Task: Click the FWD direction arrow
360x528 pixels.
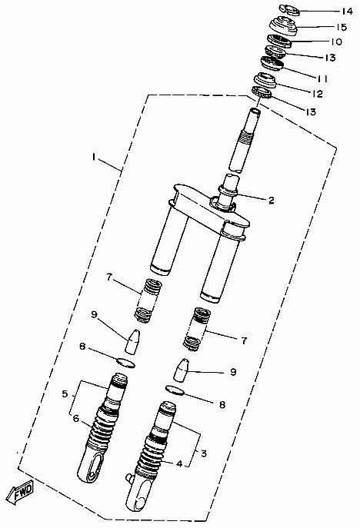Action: (x=20, y=493)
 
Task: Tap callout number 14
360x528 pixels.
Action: (x=346, y=11)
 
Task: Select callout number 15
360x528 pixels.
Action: (x=341, y=27)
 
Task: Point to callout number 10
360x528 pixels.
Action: (x=335, y=42)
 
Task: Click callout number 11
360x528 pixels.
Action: (x=322, y=78)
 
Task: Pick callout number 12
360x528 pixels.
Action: (x=316, y=94)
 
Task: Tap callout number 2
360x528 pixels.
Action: (x=271, y=200)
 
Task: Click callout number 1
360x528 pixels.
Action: (x=95, y=157)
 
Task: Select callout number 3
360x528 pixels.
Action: (x=204, y=453)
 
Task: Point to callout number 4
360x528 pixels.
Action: (x=180, y=464)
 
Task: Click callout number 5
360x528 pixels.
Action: (x=65, y=394)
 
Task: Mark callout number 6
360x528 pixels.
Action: (x=76, y=419)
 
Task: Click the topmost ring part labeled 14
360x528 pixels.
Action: (x=289, y=10)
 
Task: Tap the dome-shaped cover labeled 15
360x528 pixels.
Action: (x=283, y=25)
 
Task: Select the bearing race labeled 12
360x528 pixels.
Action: (x=265, y=81)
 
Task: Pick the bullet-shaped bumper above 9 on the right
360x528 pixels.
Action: (x=182, y=370)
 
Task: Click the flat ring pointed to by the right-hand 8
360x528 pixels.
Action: (x=175, y=390)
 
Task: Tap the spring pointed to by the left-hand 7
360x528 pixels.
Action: (x=148, y=301)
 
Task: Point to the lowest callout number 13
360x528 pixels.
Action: (x=310, y=111)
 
